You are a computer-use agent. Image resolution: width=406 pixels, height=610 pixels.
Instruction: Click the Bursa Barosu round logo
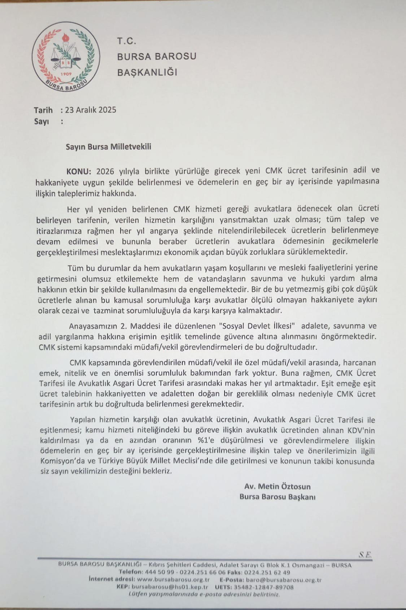(66, 56)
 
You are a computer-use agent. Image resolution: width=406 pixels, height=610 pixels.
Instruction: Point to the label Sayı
(42, 121)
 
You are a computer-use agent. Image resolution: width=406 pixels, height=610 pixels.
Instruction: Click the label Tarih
(44, 110)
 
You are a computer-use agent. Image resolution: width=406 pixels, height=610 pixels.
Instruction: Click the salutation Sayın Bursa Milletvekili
(108, 146)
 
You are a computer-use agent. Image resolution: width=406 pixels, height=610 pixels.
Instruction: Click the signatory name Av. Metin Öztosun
(277, 486)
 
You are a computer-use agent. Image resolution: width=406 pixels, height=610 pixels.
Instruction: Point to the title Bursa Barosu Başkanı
(277, 497)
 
